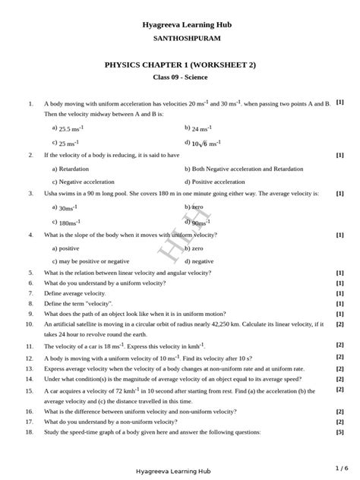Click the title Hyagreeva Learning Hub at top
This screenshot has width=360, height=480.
pyautogui.click(x=187, y=25)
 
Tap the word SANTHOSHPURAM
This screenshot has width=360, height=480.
pyautogui.click(x=187, y=37)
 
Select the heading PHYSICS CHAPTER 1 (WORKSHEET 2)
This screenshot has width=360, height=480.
pyautogui.click(x=180, y=65)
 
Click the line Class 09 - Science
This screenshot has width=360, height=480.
pyautogui.click(x=180, y=77)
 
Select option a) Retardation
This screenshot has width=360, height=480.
pyautogui.click(x=71, y=169)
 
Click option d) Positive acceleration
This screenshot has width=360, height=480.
pyautogui.click(x=215, y=182)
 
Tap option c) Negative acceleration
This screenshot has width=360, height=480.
pyautogui.click(x=83, y=182)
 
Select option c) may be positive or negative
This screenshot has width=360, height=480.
pyautogui.click(x=90, y=261)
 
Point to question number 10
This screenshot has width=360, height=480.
pyautogui.click(x=29, y=324)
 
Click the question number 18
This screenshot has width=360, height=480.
pyautogui.click(x=29, y=431)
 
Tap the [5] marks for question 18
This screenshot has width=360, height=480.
pyautogui.click(x=339, y=431)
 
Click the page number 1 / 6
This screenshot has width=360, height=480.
pyautogui.click(x=340, y=468)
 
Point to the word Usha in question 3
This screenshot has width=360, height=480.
pyautogui.click(x=52, y=194)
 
